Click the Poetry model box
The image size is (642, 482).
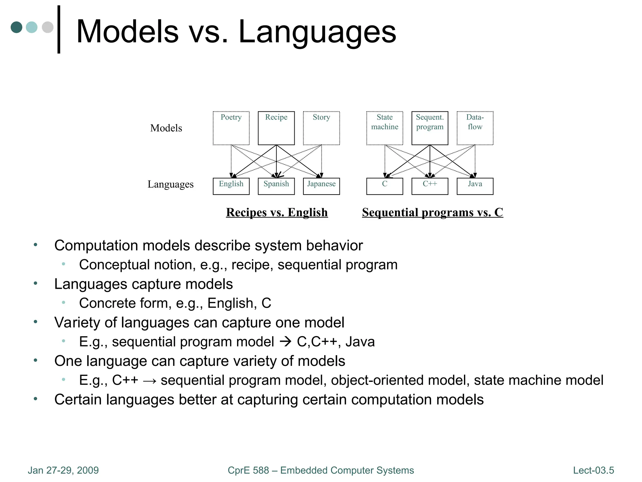[231, 128]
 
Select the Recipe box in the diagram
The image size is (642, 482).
[276, 128]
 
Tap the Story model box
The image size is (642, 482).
[321, 128]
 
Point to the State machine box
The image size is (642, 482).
[385, 128]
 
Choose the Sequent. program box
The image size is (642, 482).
[430, 128]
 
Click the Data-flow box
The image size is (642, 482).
[475, 128]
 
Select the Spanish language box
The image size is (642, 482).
[276, 186]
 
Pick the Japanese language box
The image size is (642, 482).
[321, 186]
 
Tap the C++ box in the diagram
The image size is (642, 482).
[430, 186]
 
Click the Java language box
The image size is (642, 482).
[475, 186]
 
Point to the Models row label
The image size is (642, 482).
[166, 128]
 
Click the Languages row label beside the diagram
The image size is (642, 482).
[171, 184]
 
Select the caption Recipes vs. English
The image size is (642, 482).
[277, 212]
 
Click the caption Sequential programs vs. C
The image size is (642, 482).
[432, 212]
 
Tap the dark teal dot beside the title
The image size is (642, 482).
[16, 27]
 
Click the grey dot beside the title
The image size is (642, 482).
[48, 27]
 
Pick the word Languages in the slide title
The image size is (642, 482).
[317, 32]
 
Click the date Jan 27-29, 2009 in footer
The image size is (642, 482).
[63, 470]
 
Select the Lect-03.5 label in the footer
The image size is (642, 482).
[593, 470]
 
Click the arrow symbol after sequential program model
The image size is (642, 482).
[285, 341]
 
